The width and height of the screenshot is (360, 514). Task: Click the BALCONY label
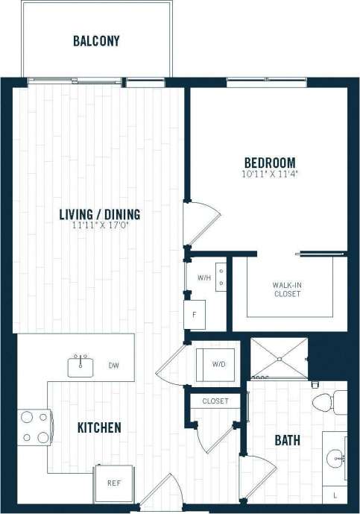click(96, 41)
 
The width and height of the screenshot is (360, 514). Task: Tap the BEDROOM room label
click(270, 163)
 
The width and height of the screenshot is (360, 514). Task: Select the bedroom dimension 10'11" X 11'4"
click(270, 175)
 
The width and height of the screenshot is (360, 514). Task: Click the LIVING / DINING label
click(100, 215)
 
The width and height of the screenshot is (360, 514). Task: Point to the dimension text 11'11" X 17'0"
click(100, 227)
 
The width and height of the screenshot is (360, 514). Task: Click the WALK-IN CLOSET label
click(286, 289)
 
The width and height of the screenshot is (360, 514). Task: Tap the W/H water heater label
click(203, 278)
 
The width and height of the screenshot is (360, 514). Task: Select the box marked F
click(195, 314)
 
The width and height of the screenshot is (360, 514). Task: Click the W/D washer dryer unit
click(215, 364)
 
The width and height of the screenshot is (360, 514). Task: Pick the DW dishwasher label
click(113, 366)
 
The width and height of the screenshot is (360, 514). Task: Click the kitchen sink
click(80, 366)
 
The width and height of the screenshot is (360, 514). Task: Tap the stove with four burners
click(34, 427)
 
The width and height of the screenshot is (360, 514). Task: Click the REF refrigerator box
click(113, 483)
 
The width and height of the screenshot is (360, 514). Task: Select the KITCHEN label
click(99, 427)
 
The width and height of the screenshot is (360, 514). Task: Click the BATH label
click(287, 440)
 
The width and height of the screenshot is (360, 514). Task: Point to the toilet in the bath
click(326, 404)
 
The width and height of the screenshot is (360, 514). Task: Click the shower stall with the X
click(278, 358)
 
